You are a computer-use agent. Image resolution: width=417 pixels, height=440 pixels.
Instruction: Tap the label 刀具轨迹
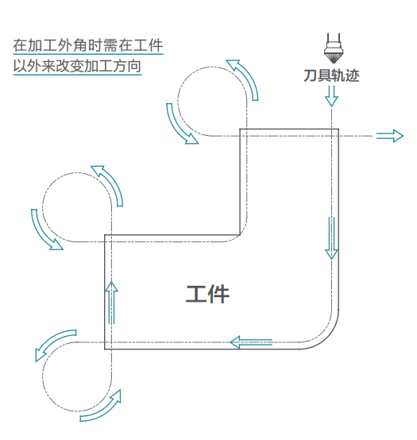tap(331, 75)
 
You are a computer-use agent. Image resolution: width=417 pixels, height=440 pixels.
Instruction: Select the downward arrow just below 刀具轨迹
tap(331, 96)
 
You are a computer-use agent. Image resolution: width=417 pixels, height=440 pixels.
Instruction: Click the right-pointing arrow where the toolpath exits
tap(389, 136)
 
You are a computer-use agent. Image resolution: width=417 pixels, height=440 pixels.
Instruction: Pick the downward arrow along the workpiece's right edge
tap(331, 237)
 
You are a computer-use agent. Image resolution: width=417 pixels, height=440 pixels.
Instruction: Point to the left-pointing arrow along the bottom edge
tap(251, 342)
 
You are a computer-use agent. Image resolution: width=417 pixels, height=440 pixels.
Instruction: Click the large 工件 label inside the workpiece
tap(208, 294)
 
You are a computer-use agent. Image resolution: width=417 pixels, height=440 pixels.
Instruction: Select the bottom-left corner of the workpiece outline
tap(106, 348)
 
